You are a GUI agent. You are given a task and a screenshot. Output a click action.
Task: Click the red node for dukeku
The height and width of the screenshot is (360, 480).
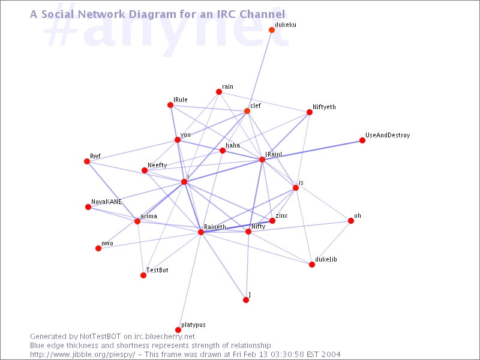[x=272, y=29]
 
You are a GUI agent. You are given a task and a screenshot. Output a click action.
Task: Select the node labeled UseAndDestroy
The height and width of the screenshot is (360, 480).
[x=362, y=140]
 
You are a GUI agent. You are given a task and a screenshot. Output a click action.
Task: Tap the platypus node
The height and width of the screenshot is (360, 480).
[x=178, y=329]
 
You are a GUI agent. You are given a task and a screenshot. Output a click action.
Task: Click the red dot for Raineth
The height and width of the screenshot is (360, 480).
[x=201, y=232]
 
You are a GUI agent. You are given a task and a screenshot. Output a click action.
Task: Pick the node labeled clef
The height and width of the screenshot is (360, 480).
[x=247, y=111]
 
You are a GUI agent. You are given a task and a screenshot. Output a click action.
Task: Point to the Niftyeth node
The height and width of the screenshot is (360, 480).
[x=310, y=112]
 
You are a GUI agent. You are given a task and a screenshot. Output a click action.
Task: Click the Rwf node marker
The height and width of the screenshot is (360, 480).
[x=87, y=161]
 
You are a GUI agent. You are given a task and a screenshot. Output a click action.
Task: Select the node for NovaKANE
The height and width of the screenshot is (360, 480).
[x=88, y=207]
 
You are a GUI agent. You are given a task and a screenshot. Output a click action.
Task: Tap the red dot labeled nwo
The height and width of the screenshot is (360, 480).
[x=98, y=248]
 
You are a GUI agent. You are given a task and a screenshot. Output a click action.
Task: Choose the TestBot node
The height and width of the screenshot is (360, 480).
[x=143, y=275]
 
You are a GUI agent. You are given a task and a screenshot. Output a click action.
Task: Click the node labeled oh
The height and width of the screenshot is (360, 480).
[x=351, y=221]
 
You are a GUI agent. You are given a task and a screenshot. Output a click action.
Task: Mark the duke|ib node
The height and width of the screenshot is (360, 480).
[x=311, y=265]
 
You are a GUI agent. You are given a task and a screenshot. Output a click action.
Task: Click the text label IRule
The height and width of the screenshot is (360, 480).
[x=181, y=100]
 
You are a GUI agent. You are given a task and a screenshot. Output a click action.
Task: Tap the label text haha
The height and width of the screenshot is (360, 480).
[x=233, y=145]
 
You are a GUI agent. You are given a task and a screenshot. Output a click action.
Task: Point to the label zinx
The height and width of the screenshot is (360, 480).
[x=281, y=215]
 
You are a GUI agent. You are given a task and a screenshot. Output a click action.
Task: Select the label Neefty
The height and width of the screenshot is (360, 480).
[x=157, y=166]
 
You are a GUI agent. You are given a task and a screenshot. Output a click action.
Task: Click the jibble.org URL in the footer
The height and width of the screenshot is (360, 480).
[x=82, y=355]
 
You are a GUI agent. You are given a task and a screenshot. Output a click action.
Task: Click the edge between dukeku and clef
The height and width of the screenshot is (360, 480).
[x=259, y=70]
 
